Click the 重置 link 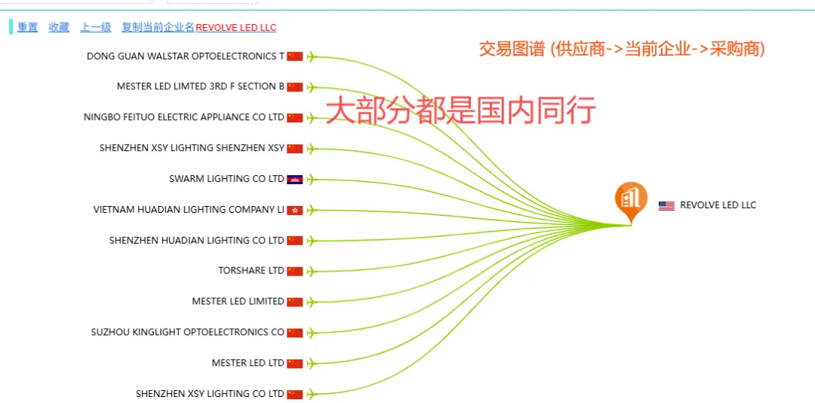(x=28, y=27)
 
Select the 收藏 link (x=59, y=27)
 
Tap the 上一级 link (x=96, y=27)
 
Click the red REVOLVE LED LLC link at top (x=235, y=28)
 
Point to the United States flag (x=666, y=205)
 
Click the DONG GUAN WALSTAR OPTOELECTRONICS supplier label (x=186, y=56)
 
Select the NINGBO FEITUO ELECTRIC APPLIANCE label (x=184, y=117)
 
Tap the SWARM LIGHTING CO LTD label (x=226, y=179)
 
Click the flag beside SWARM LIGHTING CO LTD (x=295, y=179)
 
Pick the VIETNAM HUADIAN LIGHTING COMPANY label (x=189, y=210)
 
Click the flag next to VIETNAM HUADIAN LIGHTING (x=295, y=210)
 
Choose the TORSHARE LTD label (x=251, y=271)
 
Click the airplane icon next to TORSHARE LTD (x=312, y=271)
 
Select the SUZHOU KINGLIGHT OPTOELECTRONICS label (x=188, y=332)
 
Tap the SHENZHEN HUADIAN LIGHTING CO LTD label (x=196, y=241)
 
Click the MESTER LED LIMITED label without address (x=238, y=302)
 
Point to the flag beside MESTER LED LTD (x=295, y=363)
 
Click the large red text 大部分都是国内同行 (x=460, y=110)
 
